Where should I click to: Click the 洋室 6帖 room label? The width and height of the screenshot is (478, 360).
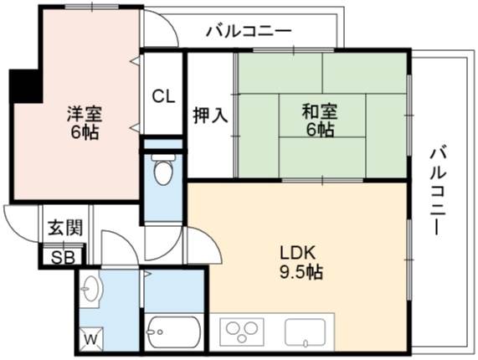click(x=85, y=122)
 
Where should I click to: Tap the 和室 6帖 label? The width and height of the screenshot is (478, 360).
click(x=320, y=121)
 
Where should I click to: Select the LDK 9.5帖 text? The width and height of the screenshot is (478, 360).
click(x=301, y=262)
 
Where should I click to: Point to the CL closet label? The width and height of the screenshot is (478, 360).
click(x=163, y=96)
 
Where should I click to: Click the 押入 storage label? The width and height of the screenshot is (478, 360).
click(x=211, y=116)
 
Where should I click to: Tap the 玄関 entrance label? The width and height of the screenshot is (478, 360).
click(x=65, y=228)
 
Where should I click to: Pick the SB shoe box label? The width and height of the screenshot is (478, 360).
click(x=63, y=258)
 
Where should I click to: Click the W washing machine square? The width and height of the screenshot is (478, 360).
click(x=91, y=339)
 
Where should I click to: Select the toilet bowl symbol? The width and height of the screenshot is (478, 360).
click(x=163, y=168)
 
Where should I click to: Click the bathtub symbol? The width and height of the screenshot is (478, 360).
click(x=172, y=332)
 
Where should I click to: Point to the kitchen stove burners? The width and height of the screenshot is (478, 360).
click(x=241, y=332)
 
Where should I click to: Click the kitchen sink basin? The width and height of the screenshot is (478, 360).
click(x=306, y=333)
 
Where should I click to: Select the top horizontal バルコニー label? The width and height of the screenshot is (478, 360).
click(x=249, y=31)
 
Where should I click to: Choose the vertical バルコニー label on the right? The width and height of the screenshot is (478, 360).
click(x=438, y=191)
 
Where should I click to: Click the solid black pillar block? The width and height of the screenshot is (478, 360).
click(x=26, y=86)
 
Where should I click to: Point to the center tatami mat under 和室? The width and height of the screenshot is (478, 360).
click(x=322, y=116)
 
